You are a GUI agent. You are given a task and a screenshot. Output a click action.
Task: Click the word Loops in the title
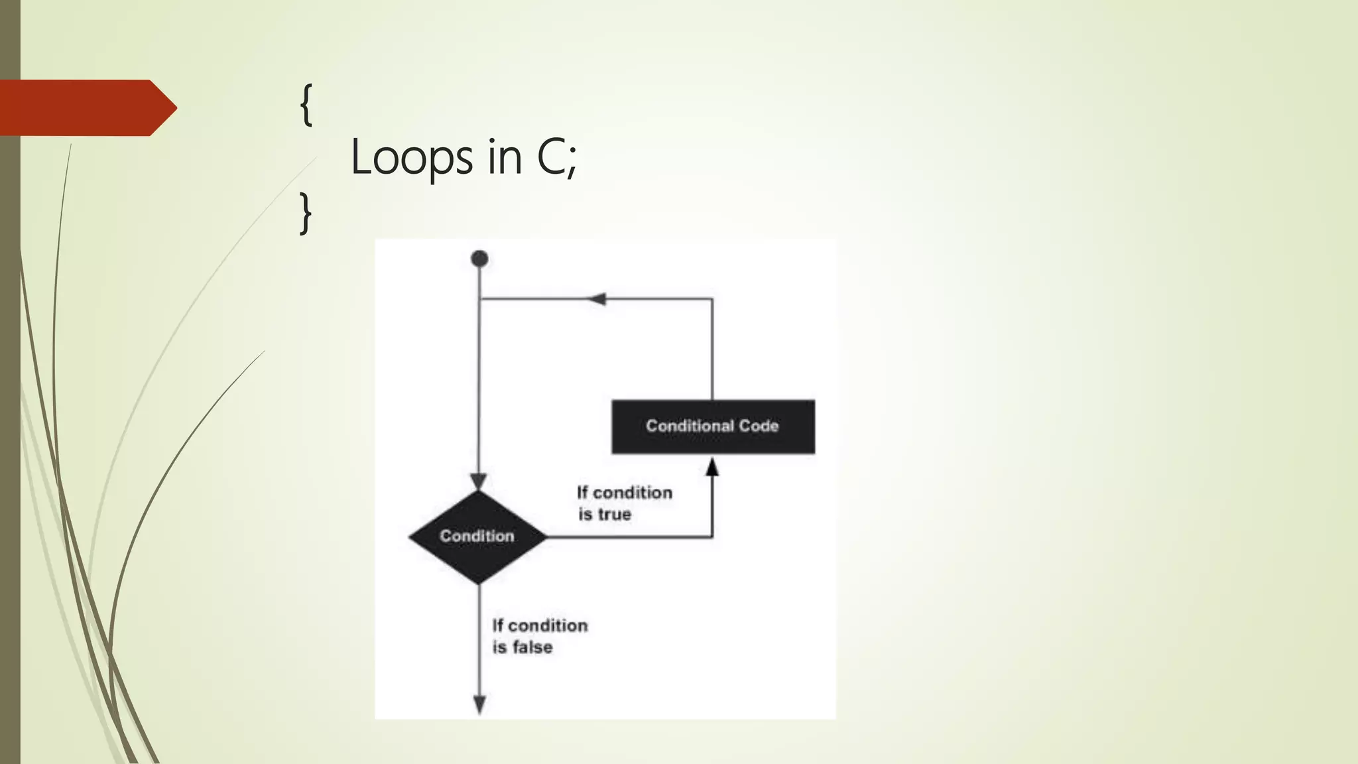click(x=412, y=158)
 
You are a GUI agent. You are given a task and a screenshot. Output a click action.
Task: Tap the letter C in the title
click(x=550, y=157)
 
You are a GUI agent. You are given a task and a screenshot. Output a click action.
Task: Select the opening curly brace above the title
click(x=306, y=105)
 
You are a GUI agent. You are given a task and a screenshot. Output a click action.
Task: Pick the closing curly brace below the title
click(x=305, y=213)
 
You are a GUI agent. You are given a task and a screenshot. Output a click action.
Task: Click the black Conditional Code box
click(x=713, y=426)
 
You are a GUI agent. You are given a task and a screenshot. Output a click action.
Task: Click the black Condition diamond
click(x=477, y=537)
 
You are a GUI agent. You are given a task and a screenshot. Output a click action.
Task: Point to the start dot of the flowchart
click(x=479, y=259)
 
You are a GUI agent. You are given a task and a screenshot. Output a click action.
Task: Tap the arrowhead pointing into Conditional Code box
click(x=712, y=467)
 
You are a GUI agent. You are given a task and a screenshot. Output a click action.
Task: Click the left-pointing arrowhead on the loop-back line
click(x=597, y=299)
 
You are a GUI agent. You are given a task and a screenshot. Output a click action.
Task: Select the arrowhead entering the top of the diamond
click(x=479, y=481)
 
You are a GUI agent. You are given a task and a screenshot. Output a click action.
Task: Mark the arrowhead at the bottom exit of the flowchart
click(x=479, y=704)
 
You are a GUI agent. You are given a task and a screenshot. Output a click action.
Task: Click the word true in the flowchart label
click(x=614, y=515)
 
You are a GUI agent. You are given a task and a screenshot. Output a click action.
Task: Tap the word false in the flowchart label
click(x=532, y=647)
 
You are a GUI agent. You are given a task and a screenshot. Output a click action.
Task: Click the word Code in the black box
click(x=759, y=426)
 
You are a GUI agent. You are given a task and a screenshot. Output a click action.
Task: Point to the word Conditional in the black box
click(x=689, y=426)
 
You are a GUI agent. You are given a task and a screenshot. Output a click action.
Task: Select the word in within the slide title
click(x=505, y=157)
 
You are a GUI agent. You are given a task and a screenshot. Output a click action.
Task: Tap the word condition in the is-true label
click(x=633, y=493)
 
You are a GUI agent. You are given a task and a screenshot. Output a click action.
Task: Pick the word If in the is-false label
click(x=497, y=625)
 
